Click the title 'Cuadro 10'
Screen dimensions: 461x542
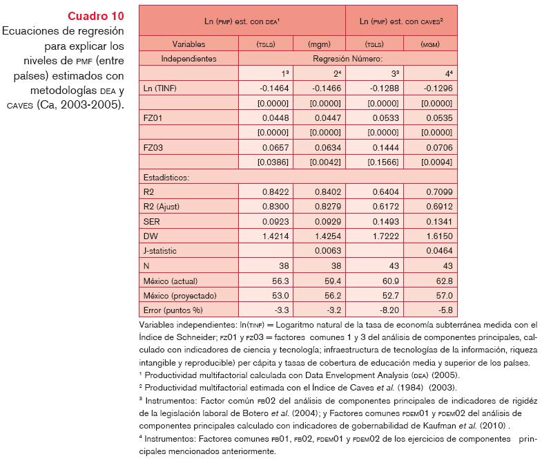[x=96, y=16]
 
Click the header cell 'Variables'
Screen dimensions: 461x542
[x=188, y=44]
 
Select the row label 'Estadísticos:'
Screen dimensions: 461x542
[x=166, y=176]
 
